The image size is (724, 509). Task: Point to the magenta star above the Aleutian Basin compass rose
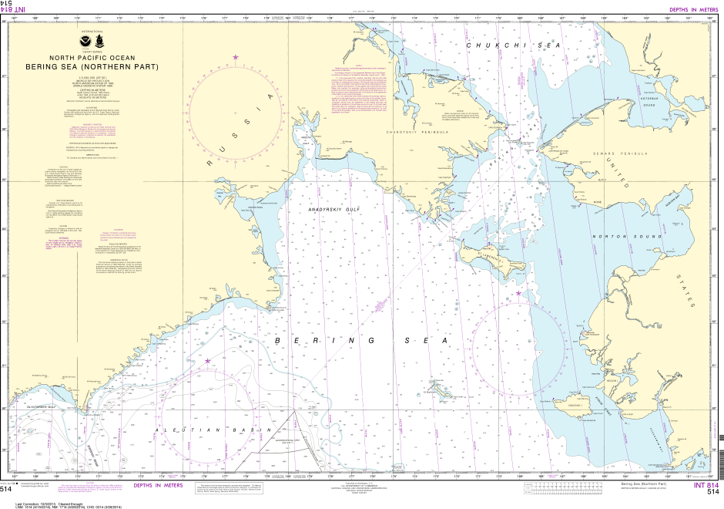click(207, 360)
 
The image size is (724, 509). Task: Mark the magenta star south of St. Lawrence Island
click(519, 293)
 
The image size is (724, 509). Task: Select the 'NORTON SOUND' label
click(612, 236)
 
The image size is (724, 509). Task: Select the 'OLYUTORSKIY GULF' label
click(42, 406)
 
